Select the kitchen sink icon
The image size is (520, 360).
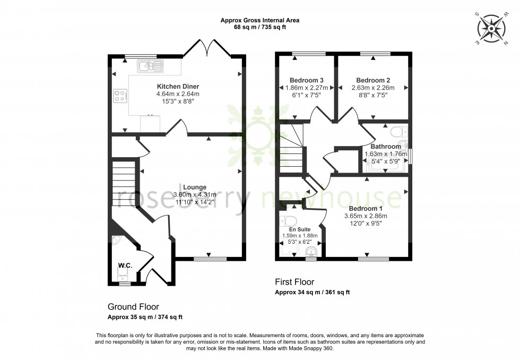pyautogui.click(x=150, y=66)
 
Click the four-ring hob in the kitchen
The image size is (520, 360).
pyautogui.click(x=120, y=96)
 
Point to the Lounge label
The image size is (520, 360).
pyautogui.click(x=195, y=187)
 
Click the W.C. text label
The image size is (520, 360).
pyautogui.click(x=125, y=265)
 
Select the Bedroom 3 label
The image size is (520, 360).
pyautogui.click(x=306, y=80)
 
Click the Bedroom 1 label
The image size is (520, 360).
pyautogui.click(x=366, y=209)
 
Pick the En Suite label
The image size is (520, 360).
pyautogui.click(x=297, y=229)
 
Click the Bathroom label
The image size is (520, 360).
pyautogui.click(x=386, y=147)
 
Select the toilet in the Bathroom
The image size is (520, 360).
pyautogui.click(x=396, y=132)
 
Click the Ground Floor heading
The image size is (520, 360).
pyautogui.click(x=133, y=307)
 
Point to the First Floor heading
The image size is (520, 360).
pyautogui.click(x=294, y=282)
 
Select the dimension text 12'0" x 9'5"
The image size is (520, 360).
pyautogui.click(x=366, y=224)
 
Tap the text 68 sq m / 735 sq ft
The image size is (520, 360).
pyautogui.click(x=259, y=27)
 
